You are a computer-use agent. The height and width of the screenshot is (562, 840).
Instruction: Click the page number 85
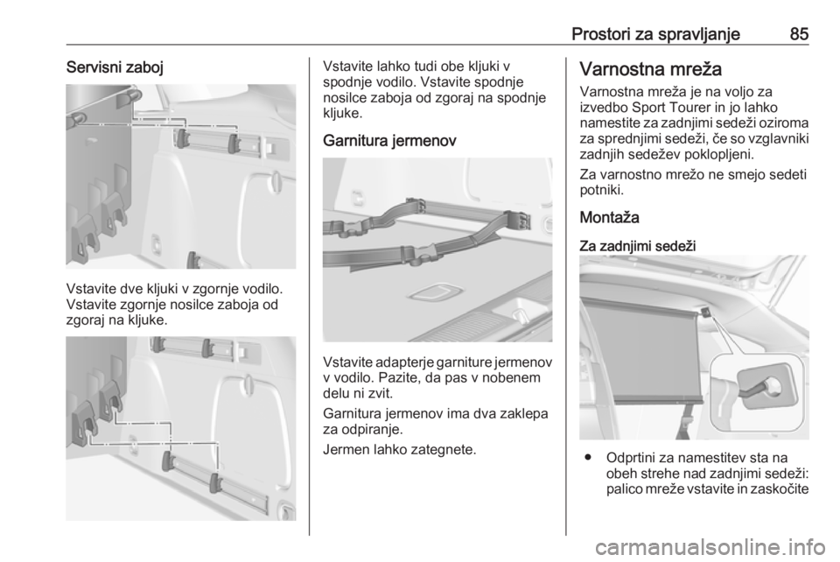tap(799, 34)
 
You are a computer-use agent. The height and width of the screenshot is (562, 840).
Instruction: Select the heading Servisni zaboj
tap(115, 67)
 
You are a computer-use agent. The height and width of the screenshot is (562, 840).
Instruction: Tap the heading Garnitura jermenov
tap(390, 141)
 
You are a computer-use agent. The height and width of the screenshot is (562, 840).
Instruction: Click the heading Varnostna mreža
tap(651, 69)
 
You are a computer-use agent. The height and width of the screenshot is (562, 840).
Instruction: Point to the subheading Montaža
tap(610, 217)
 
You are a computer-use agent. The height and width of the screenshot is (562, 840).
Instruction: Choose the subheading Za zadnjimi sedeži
tap(638, 247)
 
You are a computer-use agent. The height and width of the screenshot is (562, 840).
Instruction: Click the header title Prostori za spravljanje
tap(655, 34)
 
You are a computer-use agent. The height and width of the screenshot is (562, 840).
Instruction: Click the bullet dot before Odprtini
tap(589, 458)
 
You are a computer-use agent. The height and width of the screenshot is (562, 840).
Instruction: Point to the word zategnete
tap(443, 449)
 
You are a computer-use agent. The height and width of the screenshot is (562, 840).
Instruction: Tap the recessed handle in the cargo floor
tap(431, 293)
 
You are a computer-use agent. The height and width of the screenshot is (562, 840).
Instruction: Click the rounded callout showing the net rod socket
tap(757, 392)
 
